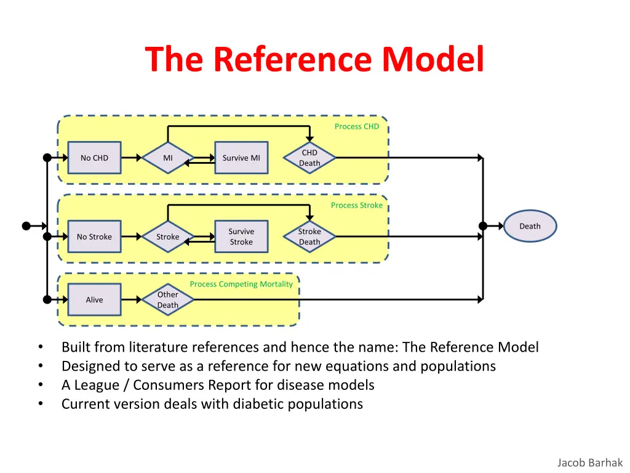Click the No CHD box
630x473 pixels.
click(x=94, y=158)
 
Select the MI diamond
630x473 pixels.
click(x=168, y=158)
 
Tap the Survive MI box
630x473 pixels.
click(x=241, y=158)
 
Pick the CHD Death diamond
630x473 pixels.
click(x=309, y=158)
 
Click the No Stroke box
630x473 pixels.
click(x=94, y=236)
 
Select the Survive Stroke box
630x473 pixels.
click(x=241, y=236)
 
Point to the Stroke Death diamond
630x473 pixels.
click(x=309, y=236)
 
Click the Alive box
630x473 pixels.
click(x=94, y=300)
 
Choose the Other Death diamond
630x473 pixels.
click(x=168, y=300)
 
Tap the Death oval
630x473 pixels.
click(x=530, y=226)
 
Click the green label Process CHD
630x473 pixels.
click(x=357, y=126)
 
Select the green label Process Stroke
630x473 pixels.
click(x=357, y=205)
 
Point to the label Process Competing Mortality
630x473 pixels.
click(x=241, y=284)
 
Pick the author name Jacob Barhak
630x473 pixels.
click(x=590, y=463)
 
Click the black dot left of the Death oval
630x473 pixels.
click(x=484, y=226)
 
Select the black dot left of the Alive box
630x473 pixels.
click(x=47, y=300)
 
